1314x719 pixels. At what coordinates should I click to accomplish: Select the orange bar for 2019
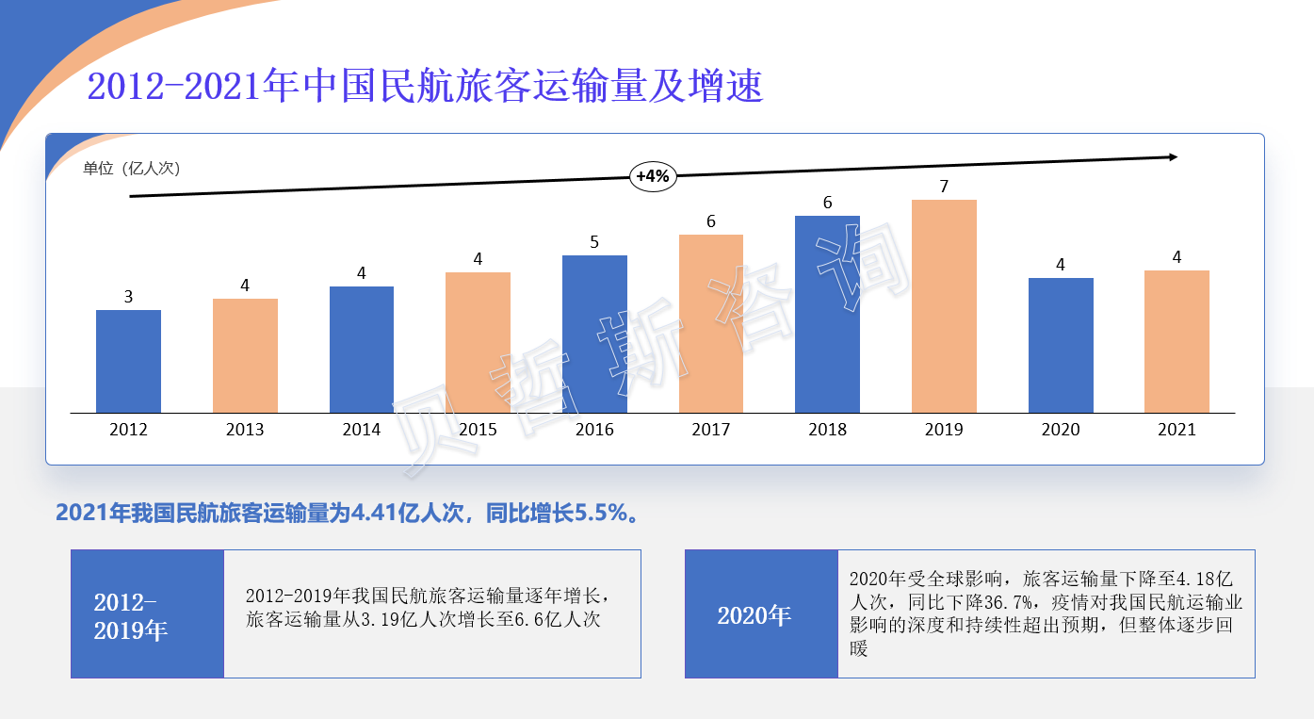coord(944,306)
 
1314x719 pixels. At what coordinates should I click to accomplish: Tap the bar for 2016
coord(594,334)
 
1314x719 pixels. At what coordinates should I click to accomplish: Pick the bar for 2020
coord(1061,345)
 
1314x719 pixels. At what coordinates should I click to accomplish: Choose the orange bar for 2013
coord(245,355)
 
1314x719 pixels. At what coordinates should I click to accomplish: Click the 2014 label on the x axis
coord(362,430)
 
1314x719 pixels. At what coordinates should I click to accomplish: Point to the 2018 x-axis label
coord(827,430)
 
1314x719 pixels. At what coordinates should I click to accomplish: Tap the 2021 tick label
coord(1176,430)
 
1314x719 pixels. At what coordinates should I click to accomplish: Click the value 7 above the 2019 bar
coord(944,187)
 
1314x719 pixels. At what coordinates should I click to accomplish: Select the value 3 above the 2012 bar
coord(128,297)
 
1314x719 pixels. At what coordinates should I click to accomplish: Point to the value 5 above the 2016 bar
coord(594,242)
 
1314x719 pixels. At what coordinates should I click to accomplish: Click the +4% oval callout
coord(653,175)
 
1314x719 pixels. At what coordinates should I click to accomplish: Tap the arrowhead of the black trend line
coord(1173,157)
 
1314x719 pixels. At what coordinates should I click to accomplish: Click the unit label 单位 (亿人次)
coord(131,169)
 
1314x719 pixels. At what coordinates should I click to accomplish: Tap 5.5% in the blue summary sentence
coord(601,514)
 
